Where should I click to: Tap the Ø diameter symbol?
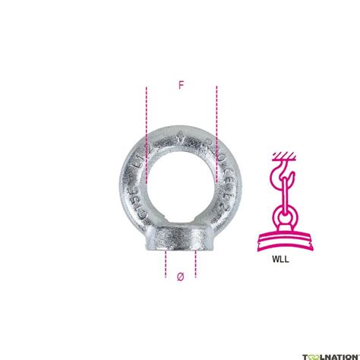click(x=180, y=277)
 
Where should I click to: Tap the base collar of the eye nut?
click(x=180, y=235)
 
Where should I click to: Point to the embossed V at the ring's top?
click(x=180, y=139)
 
